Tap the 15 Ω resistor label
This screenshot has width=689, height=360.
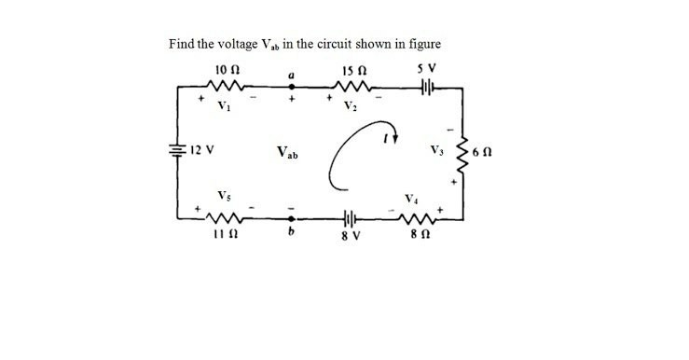coord(352,69)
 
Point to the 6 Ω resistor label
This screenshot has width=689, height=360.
coord(488,152)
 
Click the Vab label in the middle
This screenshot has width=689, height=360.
coord(288,151)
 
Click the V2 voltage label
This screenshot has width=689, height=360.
coord(351,104)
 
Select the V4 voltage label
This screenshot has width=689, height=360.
coord(411,197)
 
